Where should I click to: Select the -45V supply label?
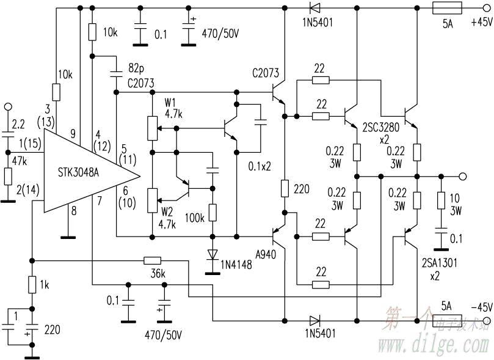(481, 306)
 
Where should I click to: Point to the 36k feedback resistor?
(152, 260)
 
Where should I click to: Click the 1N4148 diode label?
(237, 266)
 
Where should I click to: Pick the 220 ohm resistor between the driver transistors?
(285, 188)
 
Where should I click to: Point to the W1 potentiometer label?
(170, 101)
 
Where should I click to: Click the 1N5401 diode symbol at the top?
(314, 9)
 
